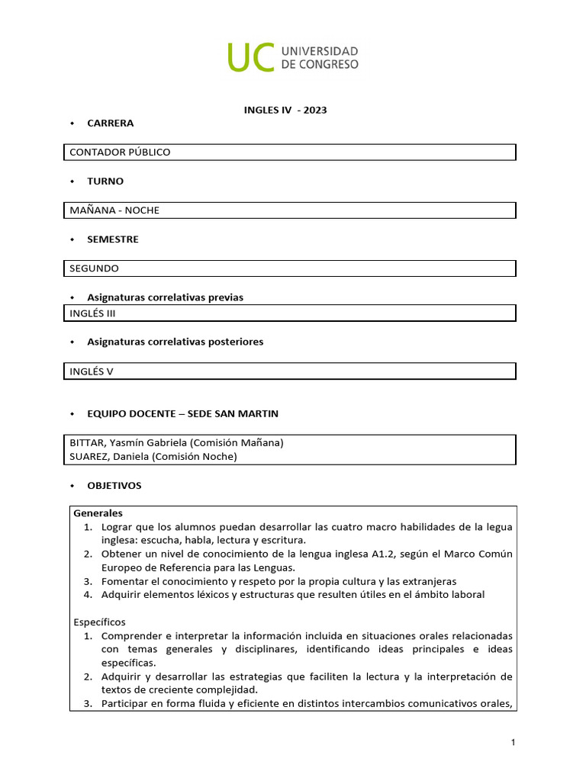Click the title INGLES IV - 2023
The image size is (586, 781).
pyautogui.click(x=285, y=110)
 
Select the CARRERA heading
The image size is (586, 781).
pyautogui.click(x=110, y=123)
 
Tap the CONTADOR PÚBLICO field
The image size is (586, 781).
pyautogui.click(x=120, y=152)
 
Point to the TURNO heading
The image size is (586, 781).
pyautogui.click(x=105, y=181)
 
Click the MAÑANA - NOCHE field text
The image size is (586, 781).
pyautogui.click(x=114, y=210)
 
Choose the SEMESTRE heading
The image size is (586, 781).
pyautogui.click(x=113, y=239)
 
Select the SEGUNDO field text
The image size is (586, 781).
pyautogui.click(x=94, y=268)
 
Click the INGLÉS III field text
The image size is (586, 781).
pyautogui.click(x=92, y=313)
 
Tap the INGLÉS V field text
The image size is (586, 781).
pyautogui.click(x=91, y=371)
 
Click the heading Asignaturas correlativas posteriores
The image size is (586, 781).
pyautogui.click(x=175, y=342)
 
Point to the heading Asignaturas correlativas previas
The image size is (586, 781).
pyautogui.click(x=165, y=297)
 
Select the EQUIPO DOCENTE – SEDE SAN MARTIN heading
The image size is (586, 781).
pyautogui.click(x=182, y=413)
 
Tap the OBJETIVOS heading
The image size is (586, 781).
pyautogui.click(x=114, y=485)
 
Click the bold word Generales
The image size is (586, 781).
pyautogui.click(x=98, y=513)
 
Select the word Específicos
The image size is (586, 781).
pyautogui.click(x=99, y=622)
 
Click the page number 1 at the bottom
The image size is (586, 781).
pyautogui.click(x=514, y=742)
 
